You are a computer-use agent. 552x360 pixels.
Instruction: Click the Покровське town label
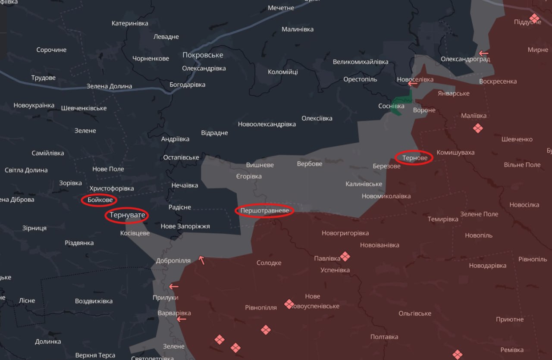(203, 55)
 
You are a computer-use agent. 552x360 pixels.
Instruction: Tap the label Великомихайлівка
(361, 62)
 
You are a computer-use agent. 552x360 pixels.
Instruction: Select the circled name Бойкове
(100, 200)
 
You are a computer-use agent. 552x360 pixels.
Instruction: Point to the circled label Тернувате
(127, 215)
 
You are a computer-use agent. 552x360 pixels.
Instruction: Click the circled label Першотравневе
(264, 211)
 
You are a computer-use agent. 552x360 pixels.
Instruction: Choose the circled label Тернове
(414, 158)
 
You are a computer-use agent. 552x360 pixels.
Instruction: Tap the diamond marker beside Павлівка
(345, 257)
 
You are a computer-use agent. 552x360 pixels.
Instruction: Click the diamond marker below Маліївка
(477, 128)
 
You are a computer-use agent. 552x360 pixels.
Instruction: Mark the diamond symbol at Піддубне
(534, 18)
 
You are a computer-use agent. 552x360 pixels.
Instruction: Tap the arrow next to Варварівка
(182, 319)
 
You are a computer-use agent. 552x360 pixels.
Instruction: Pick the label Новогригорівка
(345, 233)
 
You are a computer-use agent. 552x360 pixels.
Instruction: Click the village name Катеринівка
(130, 23)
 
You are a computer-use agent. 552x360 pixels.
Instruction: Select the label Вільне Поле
(522, 165)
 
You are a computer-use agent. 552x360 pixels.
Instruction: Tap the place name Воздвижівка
(94, 301)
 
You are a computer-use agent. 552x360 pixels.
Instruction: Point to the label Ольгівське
(415, 313)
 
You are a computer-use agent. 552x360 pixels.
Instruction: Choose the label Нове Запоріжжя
(185, 226)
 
